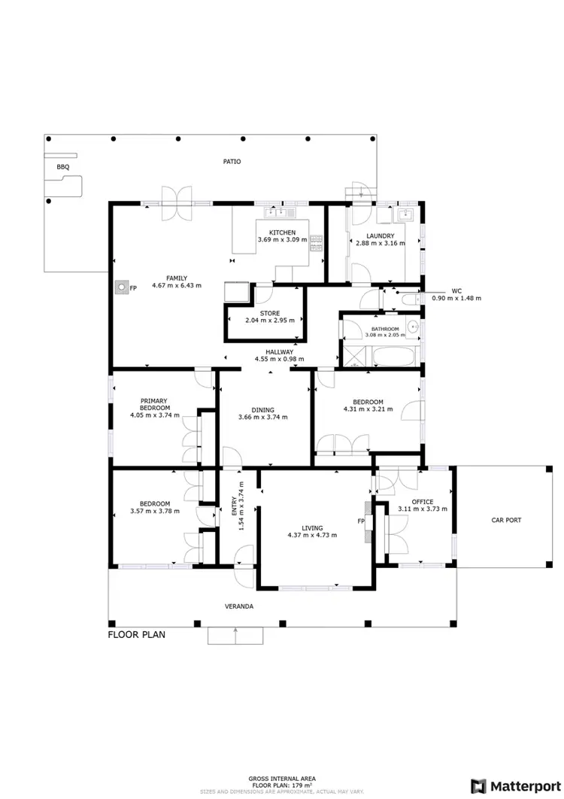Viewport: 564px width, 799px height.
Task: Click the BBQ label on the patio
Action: tap(62, 167)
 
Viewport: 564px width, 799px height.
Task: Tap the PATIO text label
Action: tap(232, 162)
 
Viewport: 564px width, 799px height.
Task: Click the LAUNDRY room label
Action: tap(380, 236)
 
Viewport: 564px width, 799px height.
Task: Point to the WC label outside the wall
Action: tap(456, 290)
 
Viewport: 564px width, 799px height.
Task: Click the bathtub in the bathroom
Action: tap(391, 356)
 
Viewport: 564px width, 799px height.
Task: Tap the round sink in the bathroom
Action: tap(413, 327)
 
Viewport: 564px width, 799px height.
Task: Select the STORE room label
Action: tap(270, 313)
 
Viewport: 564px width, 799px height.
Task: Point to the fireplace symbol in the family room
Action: tap(120, 287)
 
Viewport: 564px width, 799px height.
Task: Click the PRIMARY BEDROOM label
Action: tap(153, 405)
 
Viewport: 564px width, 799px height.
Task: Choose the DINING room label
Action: tap(262, 410)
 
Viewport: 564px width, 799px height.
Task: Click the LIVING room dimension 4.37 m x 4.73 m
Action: tap(311, 535)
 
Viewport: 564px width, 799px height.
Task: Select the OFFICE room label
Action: tap(422, 502)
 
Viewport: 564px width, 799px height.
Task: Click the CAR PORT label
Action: tap(506, 520)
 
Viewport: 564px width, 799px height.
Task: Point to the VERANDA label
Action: tap(237, 606)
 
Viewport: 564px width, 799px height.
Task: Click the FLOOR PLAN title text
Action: tap(136, 634)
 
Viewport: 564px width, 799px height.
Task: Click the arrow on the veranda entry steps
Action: tap(237, 636)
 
